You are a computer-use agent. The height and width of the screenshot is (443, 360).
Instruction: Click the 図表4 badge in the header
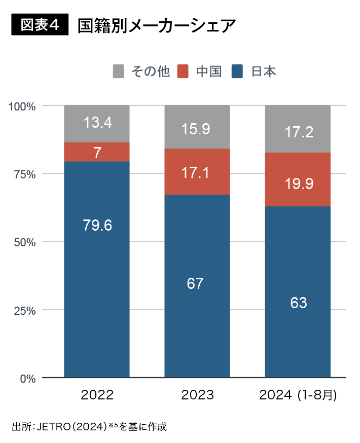40,25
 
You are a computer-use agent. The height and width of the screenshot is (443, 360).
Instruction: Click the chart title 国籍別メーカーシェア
157,26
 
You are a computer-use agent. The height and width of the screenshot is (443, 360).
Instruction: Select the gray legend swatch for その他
118,71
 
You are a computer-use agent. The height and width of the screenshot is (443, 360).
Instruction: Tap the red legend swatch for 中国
183,71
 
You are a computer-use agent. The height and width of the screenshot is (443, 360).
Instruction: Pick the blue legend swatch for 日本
237,71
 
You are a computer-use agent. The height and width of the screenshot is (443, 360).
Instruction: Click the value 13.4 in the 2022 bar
97,123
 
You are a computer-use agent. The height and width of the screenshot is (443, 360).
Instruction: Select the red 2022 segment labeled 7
97,152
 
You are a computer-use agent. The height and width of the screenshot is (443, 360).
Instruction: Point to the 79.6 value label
97,225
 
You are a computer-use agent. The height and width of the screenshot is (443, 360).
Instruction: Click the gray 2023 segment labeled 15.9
197,129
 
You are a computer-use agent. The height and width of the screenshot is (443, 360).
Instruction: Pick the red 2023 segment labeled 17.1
197,172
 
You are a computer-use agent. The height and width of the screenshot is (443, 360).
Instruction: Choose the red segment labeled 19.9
298,183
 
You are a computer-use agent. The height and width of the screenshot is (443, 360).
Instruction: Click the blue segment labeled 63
298,303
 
